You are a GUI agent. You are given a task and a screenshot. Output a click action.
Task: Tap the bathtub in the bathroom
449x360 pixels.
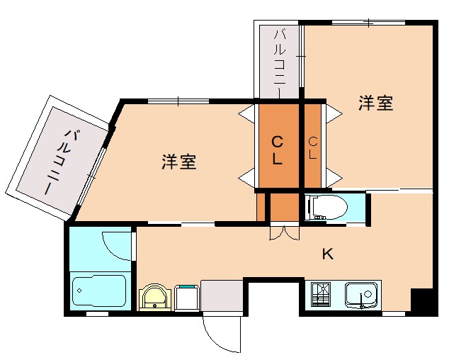pyautogui.click(x=99, y=290)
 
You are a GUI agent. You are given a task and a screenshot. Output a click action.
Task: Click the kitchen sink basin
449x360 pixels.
pyautogui.click(x=362, y=293)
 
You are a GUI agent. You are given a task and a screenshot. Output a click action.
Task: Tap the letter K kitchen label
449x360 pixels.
pyautogui.click(x=328, y=254)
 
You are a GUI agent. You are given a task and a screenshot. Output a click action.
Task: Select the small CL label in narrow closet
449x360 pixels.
pyautogui.click(x=313, y=149)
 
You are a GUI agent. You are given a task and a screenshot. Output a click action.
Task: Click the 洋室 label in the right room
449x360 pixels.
pyautogui.click(x=375, y=103)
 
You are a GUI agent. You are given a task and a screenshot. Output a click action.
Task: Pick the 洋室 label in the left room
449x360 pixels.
pyautogui.click(x=178, y=162)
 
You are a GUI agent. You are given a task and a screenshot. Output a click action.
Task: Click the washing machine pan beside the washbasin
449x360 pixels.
pyautogui.click(x=186, y=297)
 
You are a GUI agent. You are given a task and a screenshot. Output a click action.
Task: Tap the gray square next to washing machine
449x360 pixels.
pyautogui.click(x=221, y=296)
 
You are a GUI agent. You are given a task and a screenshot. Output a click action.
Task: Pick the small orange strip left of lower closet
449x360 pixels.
pyautogui.click(x=261, y=206)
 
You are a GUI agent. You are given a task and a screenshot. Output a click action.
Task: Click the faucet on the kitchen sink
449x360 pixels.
pyautogui.click(x=362, y=304)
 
